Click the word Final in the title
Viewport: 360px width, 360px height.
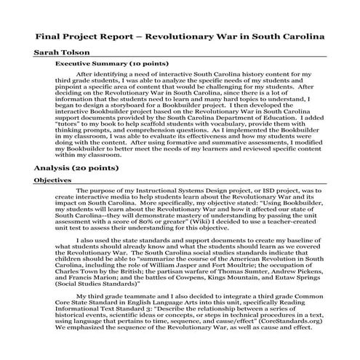click(x=49, y=34)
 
